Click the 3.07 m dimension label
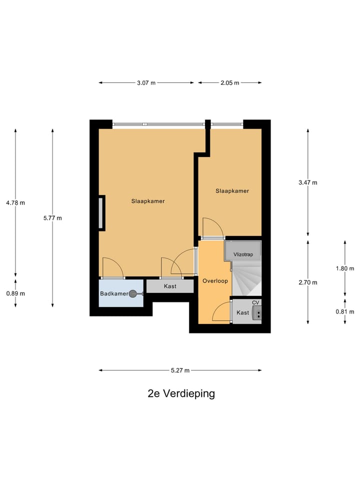pos(146,83)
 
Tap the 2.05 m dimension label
pos(229,83)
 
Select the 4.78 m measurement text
pos(15,202)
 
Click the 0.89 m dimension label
pos(15,293)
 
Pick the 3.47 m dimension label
pos(307,182)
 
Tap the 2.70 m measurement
pos(307,282)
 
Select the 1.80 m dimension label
pos(345,268)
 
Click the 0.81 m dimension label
pos(345,311)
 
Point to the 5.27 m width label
pos(180,370)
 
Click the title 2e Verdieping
pos(181,393)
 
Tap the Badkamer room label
pos(113,294)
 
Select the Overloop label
pos(215,281)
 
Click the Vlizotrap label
pos(243,254)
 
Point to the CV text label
pos(255,302)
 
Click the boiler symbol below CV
pos(256,312)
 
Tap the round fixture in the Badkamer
pos(133,294)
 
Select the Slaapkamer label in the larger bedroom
pos(148,201)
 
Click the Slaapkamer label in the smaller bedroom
pos(232,191)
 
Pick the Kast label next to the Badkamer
pos(170,286)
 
